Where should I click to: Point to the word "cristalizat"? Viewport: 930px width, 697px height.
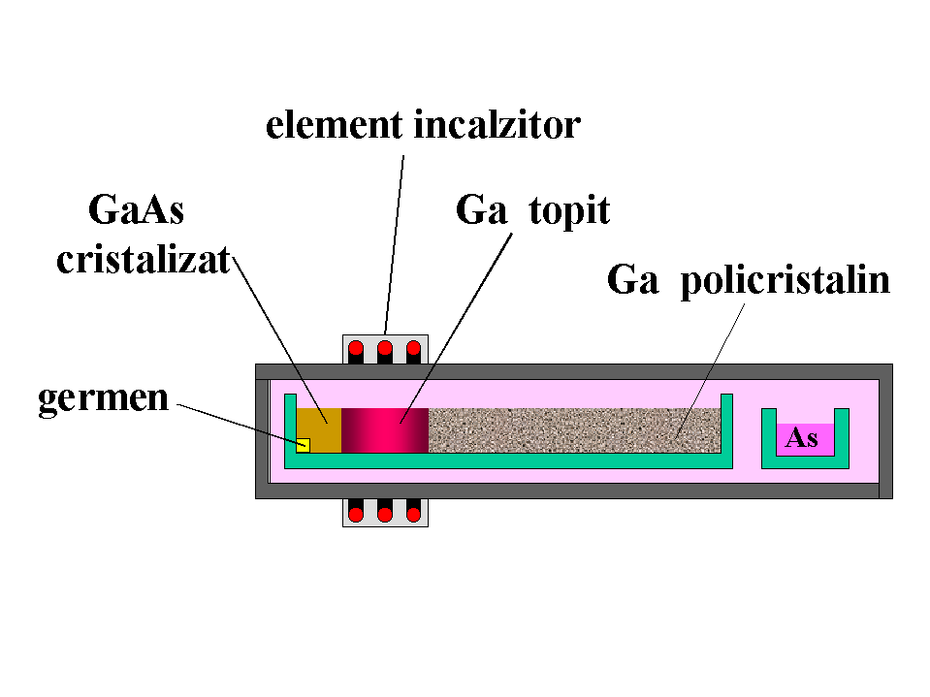[144, 261]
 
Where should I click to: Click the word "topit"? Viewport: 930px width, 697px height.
[569, 210]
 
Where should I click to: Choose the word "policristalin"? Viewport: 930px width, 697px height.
[786, 280]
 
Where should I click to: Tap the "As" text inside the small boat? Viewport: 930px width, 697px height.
[801, 438]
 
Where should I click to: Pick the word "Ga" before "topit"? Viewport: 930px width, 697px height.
[482, 210]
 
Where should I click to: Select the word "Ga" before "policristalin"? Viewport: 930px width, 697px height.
[633, 280]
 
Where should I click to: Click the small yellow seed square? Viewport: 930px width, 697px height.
[303, 445]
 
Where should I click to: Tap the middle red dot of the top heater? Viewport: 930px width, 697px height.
[385, 348]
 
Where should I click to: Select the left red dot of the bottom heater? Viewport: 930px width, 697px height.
[356, 514]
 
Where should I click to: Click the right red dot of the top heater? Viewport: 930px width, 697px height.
[414, 348]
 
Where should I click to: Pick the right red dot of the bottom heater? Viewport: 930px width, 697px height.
[414, 514]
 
